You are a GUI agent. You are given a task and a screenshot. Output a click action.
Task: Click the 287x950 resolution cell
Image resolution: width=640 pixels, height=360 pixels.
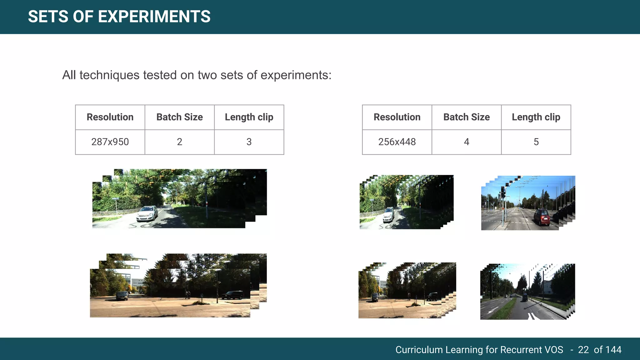[110, 142]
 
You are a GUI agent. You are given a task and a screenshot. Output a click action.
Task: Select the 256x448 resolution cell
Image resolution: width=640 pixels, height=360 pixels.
[397, 142]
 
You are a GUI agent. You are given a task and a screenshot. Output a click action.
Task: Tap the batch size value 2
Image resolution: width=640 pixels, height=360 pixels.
[179, 142]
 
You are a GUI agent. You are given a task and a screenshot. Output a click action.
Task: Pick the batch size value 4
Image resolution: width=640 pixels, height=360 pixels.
[466, 142]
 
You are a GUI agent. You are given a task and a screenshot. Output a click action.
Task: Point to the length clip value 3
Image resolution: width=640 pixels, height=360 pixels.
[249, 142]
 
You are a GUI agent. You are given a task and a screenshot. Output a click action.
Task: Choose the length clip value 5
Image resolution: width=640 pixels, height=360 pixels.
[536, 142]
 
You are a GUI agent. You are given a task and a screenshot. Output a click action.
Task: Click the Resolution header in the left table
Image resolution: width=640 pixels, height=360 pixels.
[110, 117]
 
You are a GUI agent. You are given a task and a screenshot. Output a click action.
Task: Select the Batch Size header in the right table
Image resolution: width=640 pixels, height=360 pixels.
[466, 117]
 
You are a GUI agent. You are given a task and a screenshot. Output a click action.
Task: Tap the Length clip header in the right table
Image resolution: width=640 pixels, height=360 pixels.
[536, 117]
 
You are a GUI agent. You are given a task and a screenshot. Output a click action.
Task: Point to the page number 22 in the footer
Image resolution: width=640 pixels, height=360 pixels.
[583, 350]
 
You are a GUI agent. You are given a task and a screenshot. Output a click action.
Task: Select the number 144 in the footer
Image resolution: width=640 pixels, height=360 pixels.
[613, 350]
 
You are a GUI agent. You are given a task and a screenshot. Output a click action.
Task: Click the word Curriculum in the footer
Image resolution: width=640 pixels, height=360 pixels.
[419, 350]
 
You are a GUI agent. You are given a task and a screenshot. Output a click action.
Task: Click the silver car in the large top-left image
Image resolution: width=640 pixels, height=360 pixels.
[147, 213]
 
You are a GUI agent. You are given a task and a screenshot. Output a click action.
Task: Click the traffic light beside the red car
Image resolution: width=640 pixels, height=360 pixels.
[503, 192]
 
